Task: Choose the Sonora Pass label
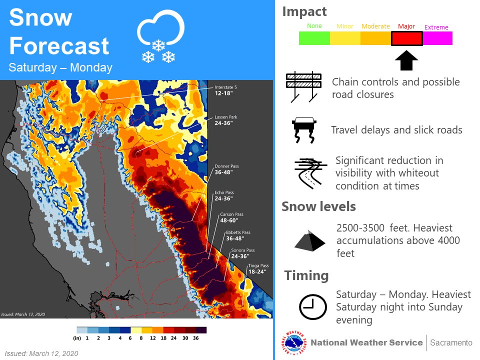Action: pyautogui.click(x=242, y=253)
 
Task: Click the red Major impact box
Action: pyautogui.click(x=407, y=38)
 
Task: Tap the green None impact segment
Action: pyautogui.click(x=314, y=38)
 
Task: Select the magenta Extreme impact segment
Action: pyautogui.click(x=437, y=38)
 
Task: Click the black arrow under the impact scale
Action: pyautogui.click(x=406, y=60)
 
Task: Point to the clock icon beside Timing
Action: pyautogui.click(x=312, y=306)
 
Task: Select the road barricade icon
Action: pyautogui.click(x=303, y=87)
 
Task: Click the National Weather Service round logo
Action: pyautogui.click(x=293, y=343)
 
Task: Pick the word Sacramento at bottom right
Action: pyautogui.click(x=451, y=343)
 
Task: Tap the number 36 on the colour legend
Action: pyautogui.click(x=195, y=338)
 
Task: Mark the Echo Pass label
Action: pyautogui.click(x=223, y=195)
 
